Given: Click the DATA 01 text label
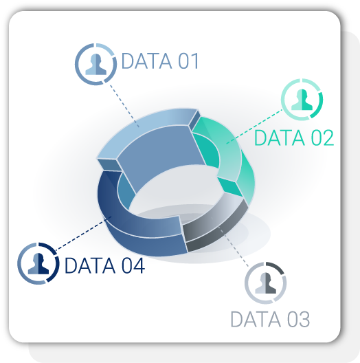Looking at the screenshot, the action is (x=160, y=61).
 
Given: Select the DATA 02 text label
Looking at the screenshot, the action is (x=294, y=137).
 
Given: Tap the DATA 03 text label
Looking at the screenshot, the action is (x=270, y=319).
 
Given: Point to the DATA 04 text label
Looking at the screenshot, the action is (x=105, y=265).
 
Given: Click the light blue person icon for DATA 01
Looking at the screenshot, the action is (x=95, y=65).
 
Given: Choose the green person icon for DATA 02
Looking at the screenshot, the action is (x=302, y=100).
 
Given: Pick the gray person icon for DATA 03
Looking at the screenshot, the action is (x=266, y=283).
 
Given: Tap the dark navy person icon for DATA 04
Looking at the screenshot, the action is (x=38, y=263).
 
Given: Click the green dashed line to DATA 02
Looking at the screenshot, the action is (x=254, y=126).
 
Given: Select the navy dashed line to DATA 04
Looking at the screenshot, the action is (x=83, y=233).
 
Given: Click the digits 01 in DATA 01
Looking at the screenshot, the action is (x=188, y=61).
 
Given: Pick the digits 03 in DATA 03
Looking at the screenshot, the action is (x=299, y=319).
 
